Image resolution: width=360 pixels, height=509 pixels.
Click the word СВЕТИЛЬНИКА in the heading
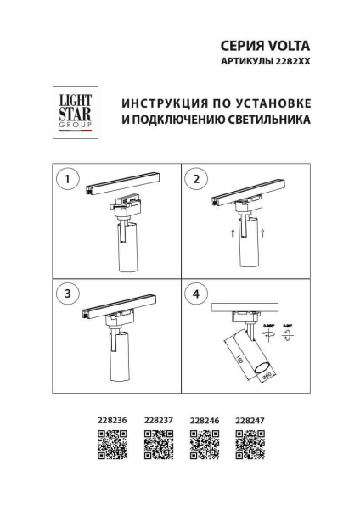269,120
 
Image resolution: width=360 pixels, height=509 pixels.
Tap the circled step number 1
67,180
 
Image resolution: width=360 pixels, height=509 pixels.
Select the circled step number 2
197,180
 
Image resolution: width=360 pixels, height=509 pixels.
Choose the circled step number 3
67,294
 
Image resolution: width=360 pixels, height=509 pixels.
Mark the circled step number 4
197,294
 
